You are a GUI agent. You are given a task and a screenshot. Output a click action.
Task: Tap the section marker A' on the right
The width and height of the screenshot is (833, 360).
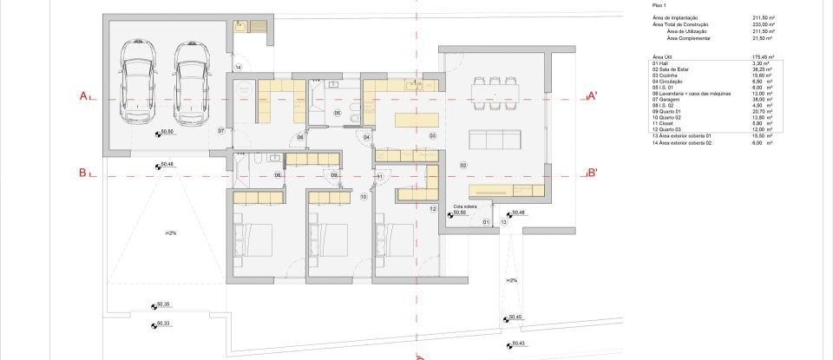click(x=592, y=95)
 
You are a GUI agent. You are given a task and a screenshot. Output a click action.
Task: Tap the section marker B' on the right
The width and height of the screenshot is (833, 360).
click(x=592, y=173)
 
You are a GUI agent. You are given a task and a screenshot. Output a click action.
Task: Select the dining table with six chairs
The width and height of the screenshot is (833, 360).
click(x=491, y=88)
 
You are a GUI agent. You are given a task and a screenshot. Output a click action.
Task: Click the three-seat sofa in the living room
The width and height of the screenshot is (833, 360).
click(x=491, y=140)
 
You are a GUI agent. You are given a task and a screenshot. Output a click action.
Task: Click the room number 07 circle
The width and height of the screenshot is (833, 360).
click(x=221, y=131)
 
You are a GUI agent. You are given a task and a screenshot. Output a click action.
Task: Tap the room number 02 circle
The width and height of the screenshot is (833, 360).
click(x=463, y=165)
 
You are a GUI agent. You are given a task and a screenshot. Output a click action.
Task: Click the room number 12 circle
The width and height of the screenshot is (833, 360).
click(x=433, y=208)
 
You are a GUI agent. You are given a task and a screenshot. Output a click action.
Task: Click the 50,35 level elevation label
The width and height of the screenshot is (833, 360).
click(x=163, y=304)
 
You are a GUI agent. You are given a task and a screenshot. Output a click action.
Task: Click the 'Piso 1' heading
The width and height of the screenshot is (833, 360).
click(x=659, y=5)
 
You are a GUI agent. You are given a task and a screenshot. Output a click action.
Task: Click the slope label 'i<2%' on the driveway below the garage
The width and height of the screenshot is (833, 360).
click(x=170, y=233)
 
